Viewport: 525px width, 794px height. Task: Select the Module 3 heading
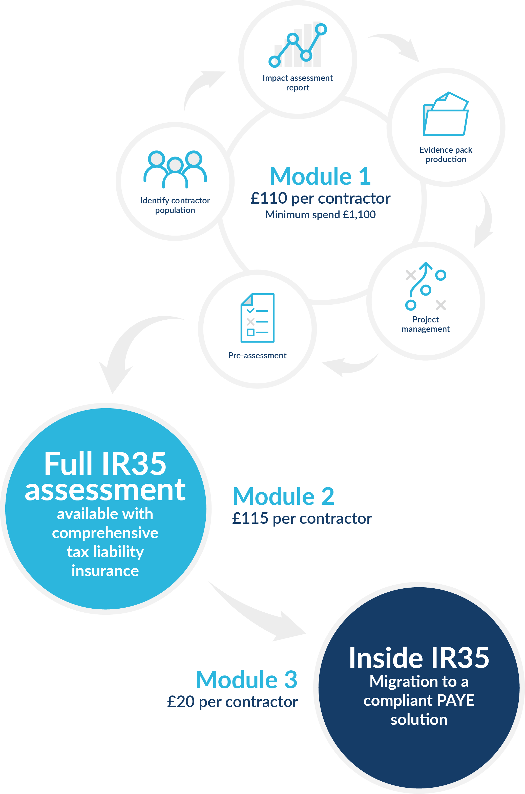click(247, 680)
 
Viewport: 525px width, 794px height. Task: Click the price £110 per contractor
click(320, 198)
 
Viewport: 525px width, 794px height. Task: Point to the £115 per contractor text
click(302, 518)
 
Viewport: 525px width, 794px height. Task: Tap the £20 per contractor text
click(232, 702)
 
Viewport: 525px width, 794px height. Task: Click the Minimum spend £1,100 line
click(320, 215)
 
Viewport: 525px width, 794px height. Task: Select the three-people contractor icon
click(175, 169)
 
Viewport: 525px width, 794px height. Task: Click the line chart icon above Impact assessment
click(298, 44)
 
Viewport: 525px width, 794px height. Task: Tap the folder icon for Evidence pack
click(446, 114)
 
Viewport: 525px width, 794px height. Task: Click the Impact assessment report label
click(298, 83)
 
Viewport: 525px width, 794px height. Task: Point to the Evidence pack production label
click(446, 154)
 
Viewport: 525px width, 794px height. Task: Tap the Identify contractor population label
click(175, 205)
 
